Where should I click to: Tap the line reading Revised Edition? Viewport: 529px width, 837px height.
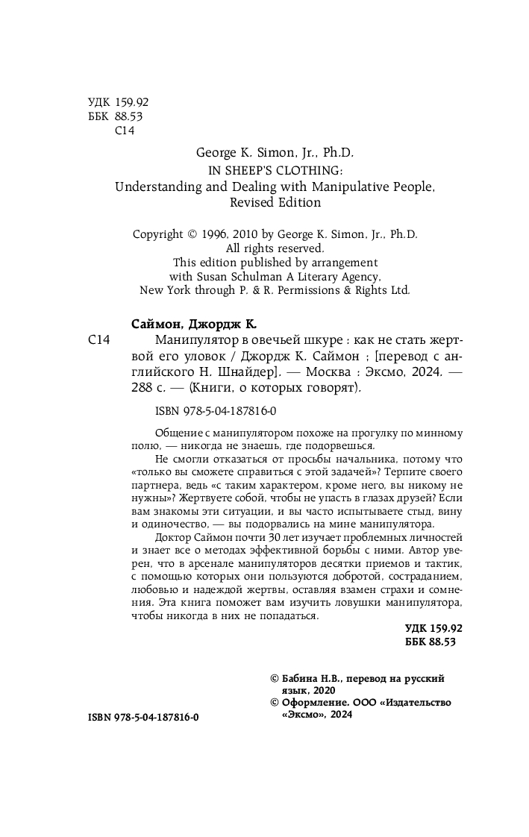(275, 202)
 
